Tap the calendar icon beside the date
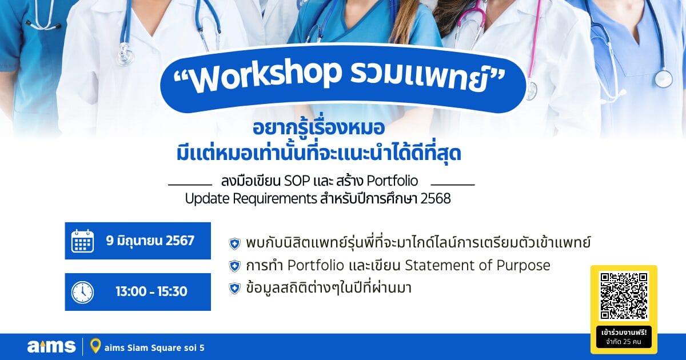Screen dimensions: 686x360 click(x=83, y=241)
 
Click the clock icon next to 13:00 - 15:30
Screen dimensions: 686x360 click(x=83, y=293)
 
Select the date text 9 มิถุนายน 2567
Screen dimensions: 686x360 click(x=150, y=241)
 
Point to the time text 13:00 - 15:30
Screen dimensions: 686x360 click(x=151, y=291)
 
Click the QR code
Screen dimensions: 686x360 click(x=624, y=296)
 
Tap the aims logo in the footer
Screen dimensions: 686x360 click(x=51, y=346)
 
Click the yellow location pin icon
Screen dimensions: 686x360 click(x=95, y=346)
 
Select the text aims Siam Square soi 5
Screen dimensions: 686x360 click(x=154, y=348)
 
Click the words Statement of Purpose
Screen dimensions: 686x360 click(x=477, y=265)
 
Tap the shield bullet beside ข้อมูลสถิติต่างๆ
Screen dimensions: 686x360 click(x=234, y=289)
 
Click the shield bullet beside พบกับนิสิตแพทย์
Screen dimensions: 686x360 click(x=234, y=244)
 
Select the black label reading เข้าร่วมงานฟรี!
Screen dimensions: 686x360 click(x=624, y=333)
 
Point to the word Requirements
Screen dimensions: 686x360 click(x=275, y=199)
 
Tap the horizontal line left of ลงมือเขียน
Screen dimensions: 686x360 click(x=190, y=185)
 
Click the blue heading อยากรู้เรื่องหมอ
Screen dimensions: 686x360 click(x=319, y=128)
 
